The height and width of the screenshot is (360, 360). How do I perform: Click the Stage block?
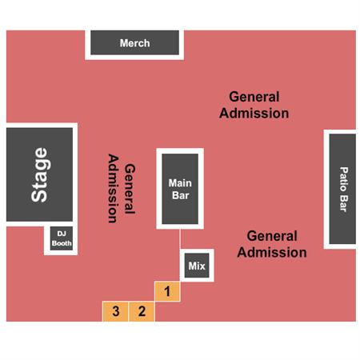(39, 174)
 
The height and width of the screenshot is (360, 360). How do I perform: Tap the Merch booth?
(134, 42)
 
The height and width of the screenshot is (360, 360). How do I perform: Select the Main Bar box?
(180, 189)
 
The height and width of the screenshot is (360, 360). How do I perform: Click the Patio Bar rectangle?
(342, 189)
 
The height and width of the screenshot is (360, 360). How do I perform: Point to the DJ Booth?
(62, 238)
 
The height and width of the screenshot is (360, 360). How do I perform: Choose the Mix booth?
(197, 266)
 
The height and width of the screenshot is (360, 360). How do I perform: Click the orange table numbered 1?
(167, 291)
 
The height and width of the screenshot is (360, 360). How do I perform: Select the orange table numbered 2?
(142, 311)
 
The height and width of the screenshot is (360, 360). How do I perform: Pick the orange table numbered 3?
(115, 311)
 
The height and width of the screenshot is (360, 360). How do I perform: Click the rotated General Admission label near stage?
(122, 188)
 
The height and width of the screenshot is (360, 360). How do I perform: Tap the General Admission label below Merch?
(254, 105)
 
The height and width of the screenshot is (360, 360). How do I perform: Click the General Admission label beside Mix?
(272, 244)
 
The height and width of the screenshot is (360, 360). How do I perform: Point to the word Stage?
(40, 175)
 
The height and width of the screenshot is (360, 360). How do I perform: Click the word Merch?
(134, 43)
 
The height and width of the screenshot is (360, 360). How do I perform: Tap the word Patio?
(344, 179)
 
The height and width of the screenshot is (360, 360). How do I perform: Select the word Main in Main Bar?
(180, 183)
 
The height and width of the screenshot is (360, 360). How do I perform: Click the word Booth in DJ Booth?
(62, 243)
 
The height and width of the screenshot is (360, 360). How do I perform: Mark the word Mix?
(197, 266)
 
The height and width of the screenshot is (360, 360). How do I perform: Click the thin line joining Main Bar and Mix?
(180, 239)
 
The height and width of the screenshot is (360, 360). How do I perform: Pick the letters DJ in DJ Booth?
(62, 234)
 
